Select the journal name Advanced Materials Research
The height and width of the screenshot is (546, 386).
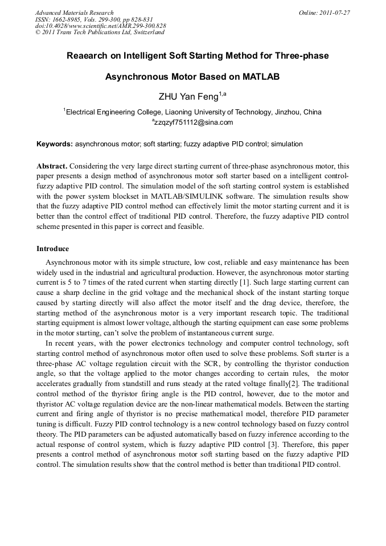(x=75, y=13)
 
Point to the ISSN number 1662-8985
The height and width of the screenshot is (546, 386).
(x=67, y=19)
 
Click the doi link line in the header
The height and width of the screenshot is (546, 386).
(x=100, y=26)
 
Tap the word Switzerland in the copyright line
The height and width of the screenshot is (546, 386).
(x=149, y=32)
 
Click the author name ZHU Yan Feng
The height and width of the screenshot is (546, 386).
(x=188, y=96)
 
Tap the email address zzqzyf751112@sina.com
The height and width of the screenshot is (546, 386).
(x=194, y=122)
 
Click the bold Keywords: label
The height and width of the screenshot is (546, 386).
(x=55, y=145)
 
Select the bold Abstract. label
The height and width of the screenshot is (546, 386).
(x=52, y=166)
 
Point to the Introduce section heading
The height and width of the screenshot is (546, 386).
(x=53, y=249)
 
